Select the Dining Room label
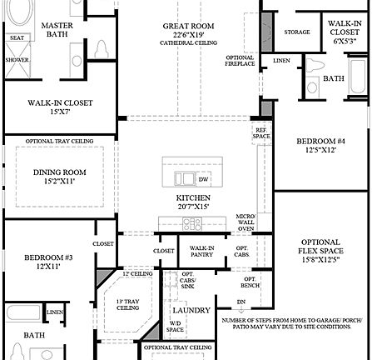(x=59, y=176)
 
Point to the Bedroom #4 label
(x=320, y=145)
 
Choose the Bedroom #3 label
(x=48, y=262)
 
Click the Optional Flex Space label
(x=320, y=251)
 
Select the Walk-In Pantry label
(x=201, y=251)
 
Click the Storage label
(x=297, y=32)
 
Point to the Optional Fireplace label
(x=240, y=62)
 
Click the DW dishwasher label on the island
(x=203, y=179)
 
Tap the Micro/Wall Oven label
(x=246, y=222)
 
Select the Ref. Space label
(x=260, y=133)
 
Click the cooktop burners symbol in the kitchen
(x=192, y=222)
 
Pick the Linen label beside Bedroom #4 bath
(x=282, y=61)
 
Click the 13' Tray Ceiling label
(x=127, y=304)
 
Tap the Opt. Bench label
(x=250, y=282)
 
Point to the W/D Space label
(x=175, y=327)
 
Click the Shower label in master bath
(x=17, y=60)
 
